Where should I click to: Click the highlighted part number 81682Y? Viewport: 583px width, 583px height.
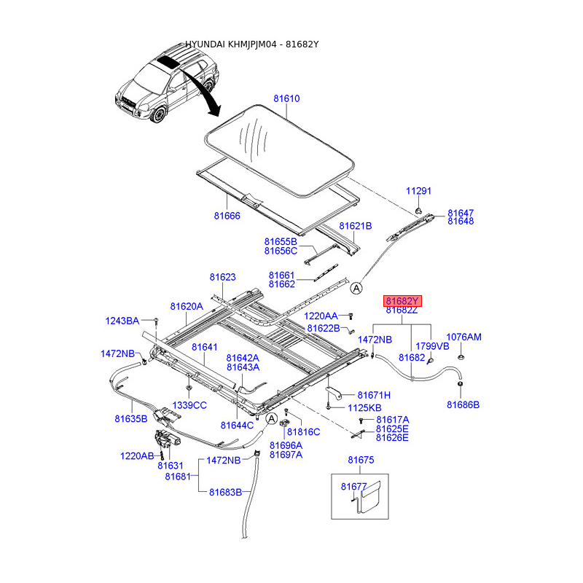click(x=403, y=301)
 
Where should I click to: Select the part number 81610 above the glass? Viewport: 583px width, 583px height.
click(x=286, y=98)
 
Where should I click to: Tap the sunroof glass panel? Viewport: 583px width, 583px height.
click(x=277, y=149)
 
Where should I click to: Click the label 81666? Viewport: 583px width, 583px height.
click(x=227, y=216)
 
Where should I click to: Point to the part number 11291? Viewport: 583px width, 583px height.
click(x=418, y=191)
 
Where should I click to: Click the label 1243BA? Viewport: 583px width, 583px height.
click(x=122, y=321)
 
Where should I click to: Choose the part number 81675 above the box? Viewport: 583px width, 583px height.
click(x=361, y=460)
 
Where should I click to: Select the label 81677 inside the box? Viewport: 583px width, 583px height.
click(x=354, y=485)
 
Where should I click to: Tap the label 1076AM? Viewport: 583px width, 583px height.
click(x=463, y=337)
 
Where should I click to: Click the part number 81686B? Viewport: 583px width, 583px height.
click(x=463, y=404)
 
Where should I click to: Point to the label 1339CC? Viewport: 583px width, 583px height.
click(x=189, y=405)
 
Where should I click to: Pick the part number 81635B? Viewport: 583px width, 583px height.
click(x=130, y=418)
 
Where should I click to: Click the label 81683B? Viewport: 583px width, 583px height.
click(x=224, y=492)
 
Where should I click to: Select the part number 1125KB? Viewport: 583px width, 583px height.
click(x=364, y=407)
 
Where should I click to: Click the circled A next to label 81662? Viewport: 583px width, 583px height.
click(x=356, y=289)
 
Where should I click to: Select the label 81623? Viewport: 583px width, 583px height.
click(x=222, y=277)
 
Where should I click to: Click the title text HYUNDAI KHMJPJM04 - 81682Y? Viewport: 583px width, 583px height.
click(x=251, y=44)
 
